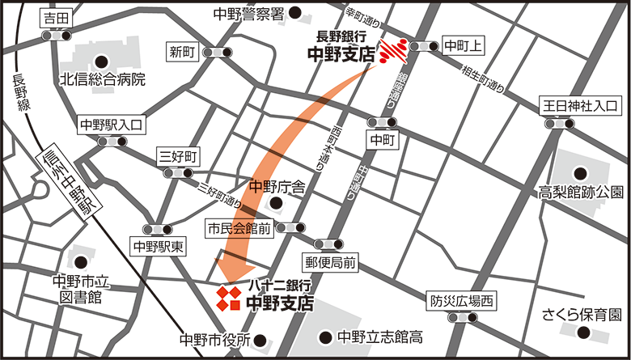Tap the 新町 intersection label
coord(183,52)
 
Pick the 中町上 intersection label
coord(464,45)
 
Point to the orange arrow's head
coord(231,274)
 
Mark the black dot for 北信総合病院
coord(102,60)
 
